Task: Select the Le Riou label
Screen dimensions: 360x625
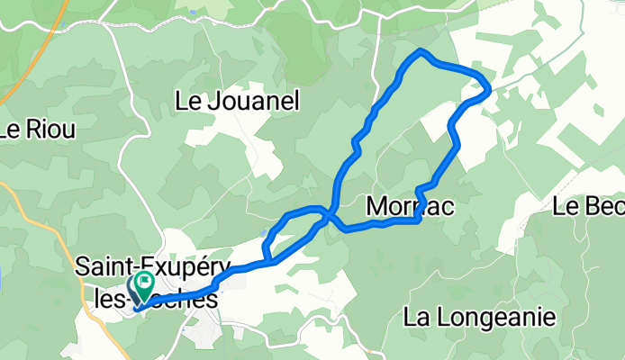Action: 38,129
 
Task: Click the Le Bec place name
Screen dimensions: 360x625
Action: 589,208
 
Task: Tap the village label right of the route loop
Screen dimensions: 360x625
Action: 410,207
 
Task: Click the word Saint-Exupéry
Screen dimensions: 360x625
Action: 145,266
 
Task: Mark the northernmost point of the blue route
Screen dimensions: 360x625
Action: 421,50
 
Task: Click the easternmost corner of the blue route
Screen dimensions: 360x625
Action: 488,88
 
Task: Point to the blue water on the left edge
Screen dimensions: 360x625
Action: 3,279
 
